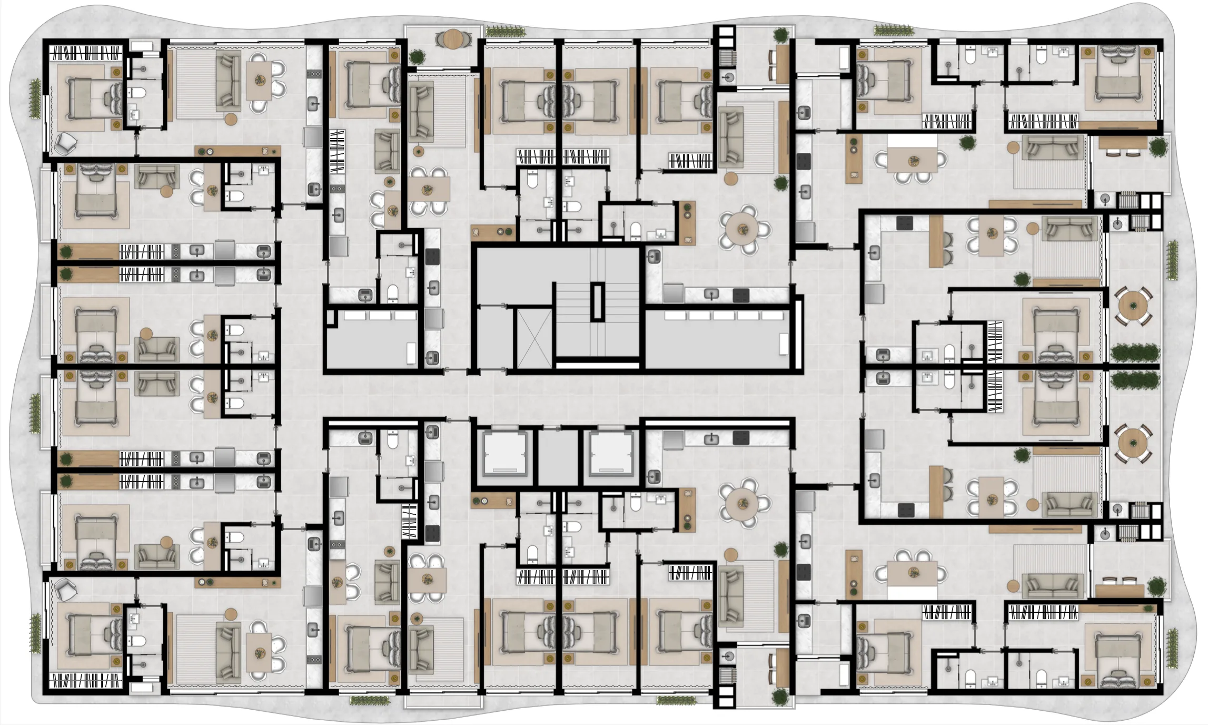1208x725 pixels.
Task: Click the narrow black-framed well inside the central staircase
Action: click(x=597, y=301)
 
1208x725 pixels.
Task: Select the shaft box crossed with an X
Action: click(x=534, y=338)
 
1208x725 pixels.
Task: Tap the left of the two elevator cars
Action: click(x=505, y=453)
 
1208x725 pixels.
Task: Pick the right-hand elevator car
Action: click(x=611, y=453)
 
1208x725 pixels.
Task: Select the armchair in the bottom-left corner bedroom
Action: click(x=67, y=589)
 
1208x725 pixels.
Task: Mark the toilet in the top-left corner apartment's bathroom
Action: click(x=138, y=94)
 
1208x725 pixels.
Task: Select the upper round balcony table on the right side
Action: click(x=1132, y=306)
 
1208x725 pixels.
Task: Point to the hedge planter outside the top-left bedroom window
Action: click(x=35, y=98)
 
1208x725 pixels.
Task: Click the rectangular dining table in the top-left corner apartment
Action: click(x=260, y=81)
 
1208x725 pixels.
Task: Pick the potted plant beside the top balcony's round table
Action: click(x=417, y=56)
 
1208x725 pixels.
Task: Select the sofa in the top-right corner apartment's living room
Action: click(x=1053, y=147)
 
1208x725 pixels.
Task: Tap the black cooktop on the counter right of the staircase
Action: click(x=741, y=295)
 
